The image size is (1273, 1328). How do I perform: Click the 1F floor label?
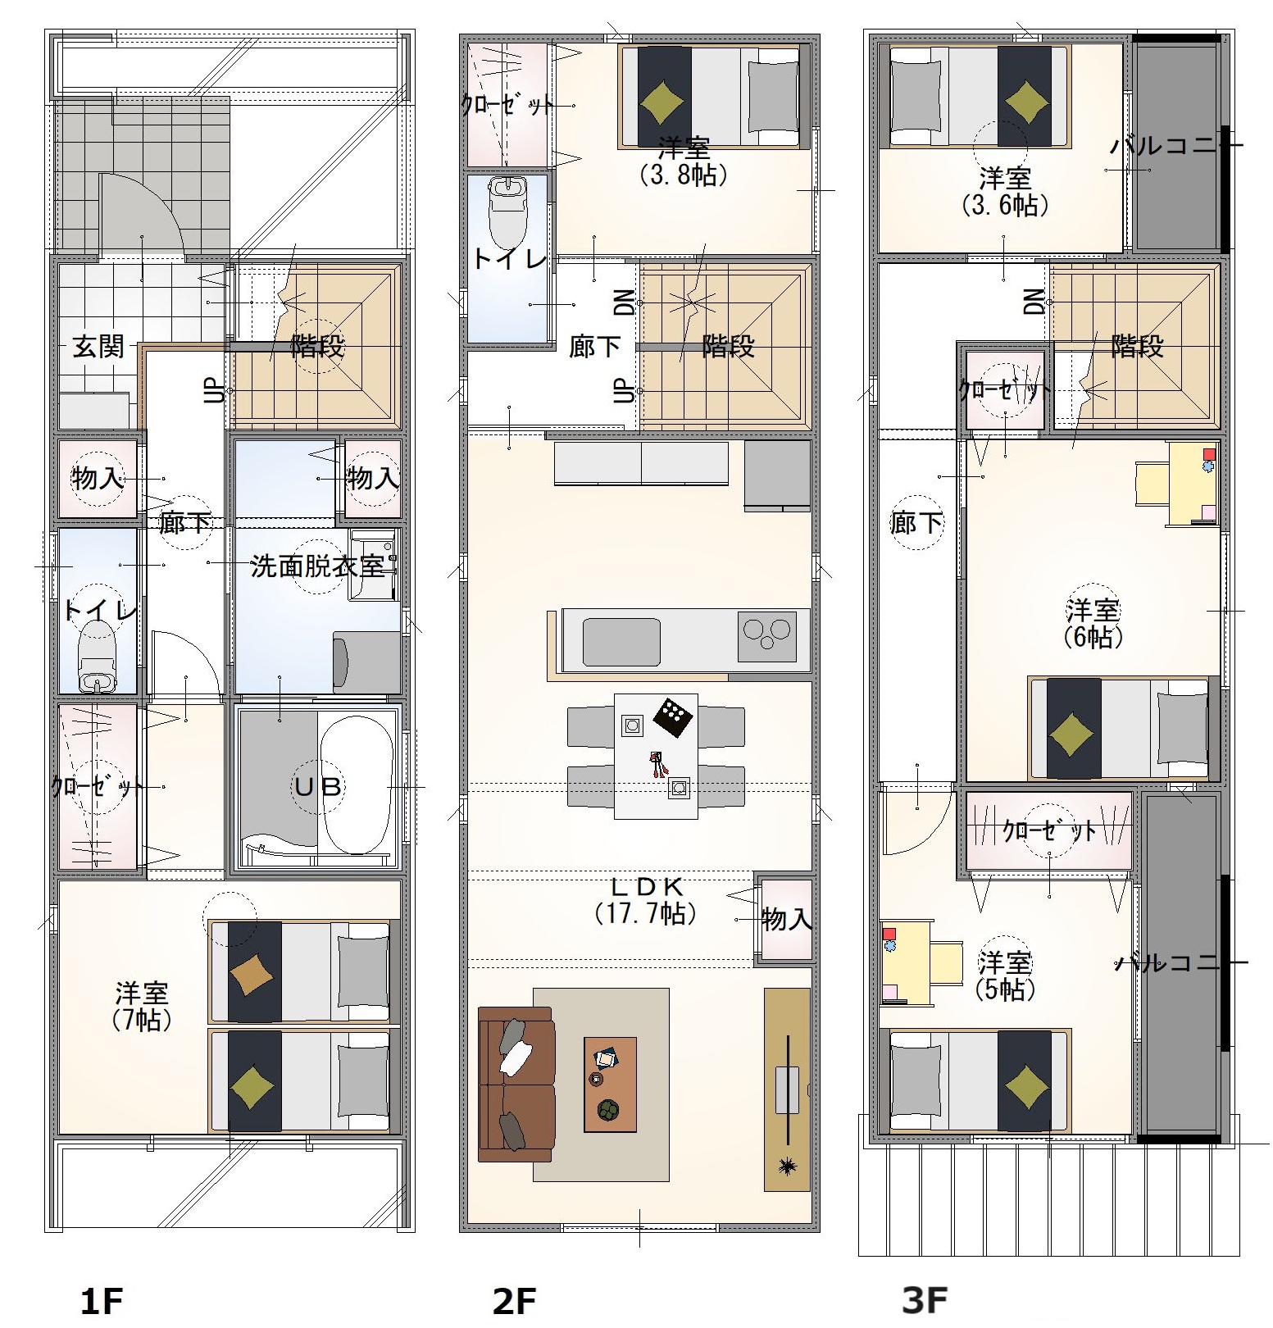point(102,1301)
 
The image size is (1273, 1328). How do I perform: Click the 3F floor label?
point(925,1300)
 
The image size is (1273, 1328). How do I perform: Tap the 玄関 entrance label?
point(98,347)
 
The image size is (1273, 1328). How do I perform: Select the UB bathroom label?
point(318,787)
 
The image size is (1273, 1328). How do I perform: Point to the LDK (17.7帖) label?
point(647,899)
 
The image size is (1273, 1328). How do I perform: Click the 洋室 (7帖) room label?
point(142,1007)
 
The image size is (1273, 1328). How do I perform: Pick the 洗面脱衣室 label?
point(318,566)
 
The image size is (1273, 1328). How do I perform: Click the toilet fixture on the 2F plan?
point(507,208)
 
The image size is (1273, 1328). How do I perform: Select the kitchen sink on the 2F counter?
point(621,642)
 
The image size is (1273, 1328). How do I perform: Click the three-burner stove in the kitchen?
point(767,636)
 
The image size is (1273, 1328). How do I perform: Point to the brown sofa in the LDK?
point(516,1084)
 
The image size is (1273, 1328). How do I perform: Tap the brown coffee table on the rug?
point(610,1085)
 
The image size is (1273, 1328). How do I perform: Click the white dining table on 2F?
point(656,756)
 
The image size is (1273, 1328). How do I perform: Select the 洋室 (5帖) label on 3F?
point(1005,976)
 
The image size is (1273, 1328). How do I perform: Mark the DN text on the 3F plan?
point(1034,302)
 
